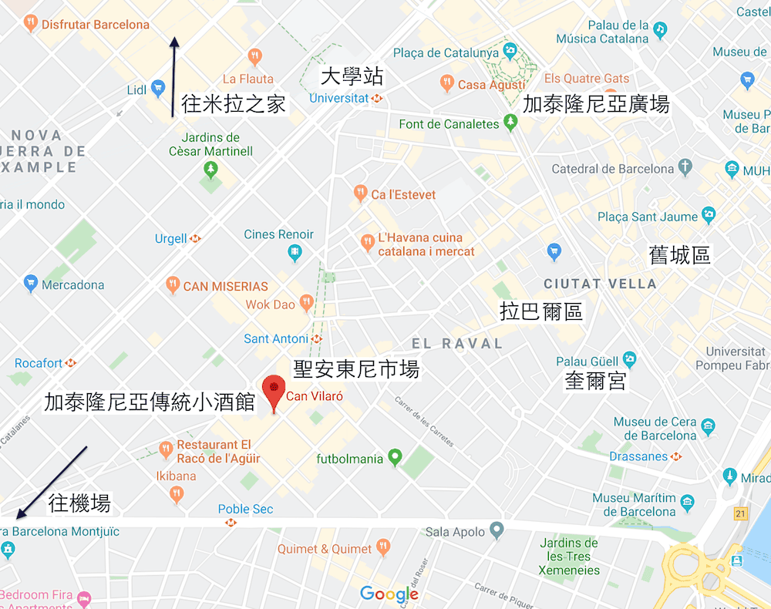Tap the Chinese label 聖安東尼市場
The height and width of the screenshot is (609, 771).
tap(356, 369)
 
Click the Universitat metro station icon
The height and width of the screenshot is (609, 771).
tap(377, 99)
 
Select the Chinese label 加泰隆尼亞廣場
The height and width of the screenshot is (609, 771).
tap(596, 104)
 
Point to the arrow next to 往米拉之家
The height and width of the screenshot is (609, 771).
tap(175, 76)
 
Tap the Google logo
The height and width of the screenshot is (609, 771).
tap(389, 594)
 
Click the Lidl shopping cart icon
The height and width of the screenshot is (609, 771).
tap(158, 89)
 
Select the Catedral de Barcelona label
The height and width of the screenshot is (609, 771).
tap(613, 169)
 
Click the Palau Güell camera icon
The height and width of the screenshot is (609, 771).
tap(630, 360)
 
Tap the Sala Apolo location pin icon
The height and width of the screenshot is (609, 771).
tap(497, 531)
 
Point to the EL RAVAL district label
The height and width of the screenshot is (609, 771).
tap(457, 344)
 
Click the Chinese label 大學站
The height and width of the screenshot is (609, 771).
tap(352, 77)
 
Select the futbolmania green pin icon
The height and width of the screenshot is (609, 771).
tap(395, 458)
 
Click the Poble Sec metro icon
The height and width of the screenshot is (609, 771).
tap(231, 523)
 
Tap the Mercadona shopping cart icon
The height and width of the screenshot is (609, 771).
tap(31, 284)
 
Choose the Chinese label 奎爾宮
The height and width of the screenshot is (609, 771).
tap(595, 381)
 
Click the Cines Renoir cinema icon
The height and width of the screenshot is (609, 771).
tap(295, 251)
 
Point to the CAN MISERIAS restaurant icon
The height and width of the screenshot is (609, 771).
tap(173, 285)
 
